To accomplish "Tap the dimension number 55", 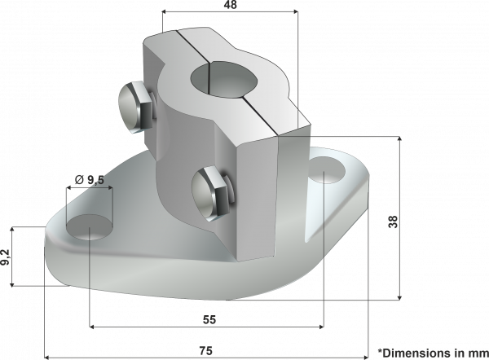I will click(x=208, y=320).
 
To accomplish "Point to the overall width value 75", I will click(x=206, y=350).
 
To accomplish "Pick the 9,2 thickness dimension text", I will click(x=7, y=257).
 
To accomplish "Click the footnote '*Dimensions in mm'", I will click(x=432, y=352).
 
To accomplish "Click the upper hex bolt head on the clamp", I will click(x=134, y=108).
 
